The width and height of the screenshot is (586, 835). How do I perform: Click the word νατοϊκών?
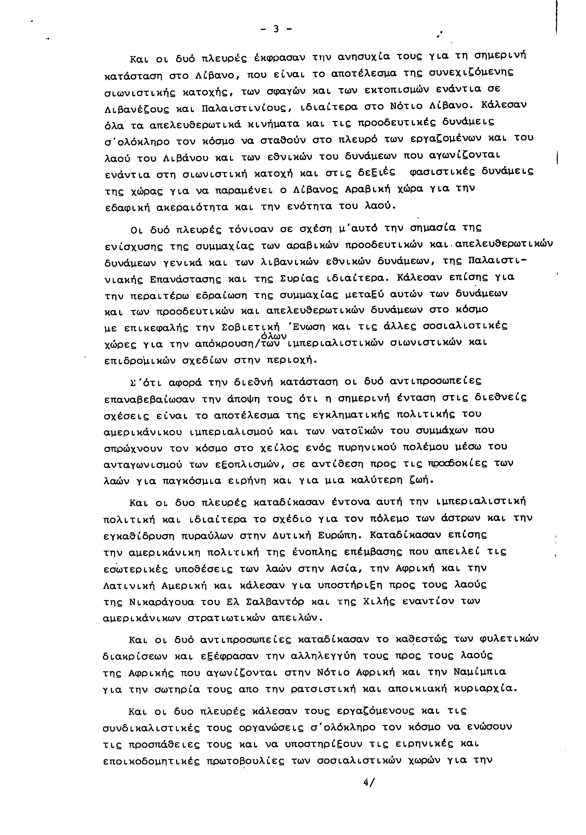tap(357, 431)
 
